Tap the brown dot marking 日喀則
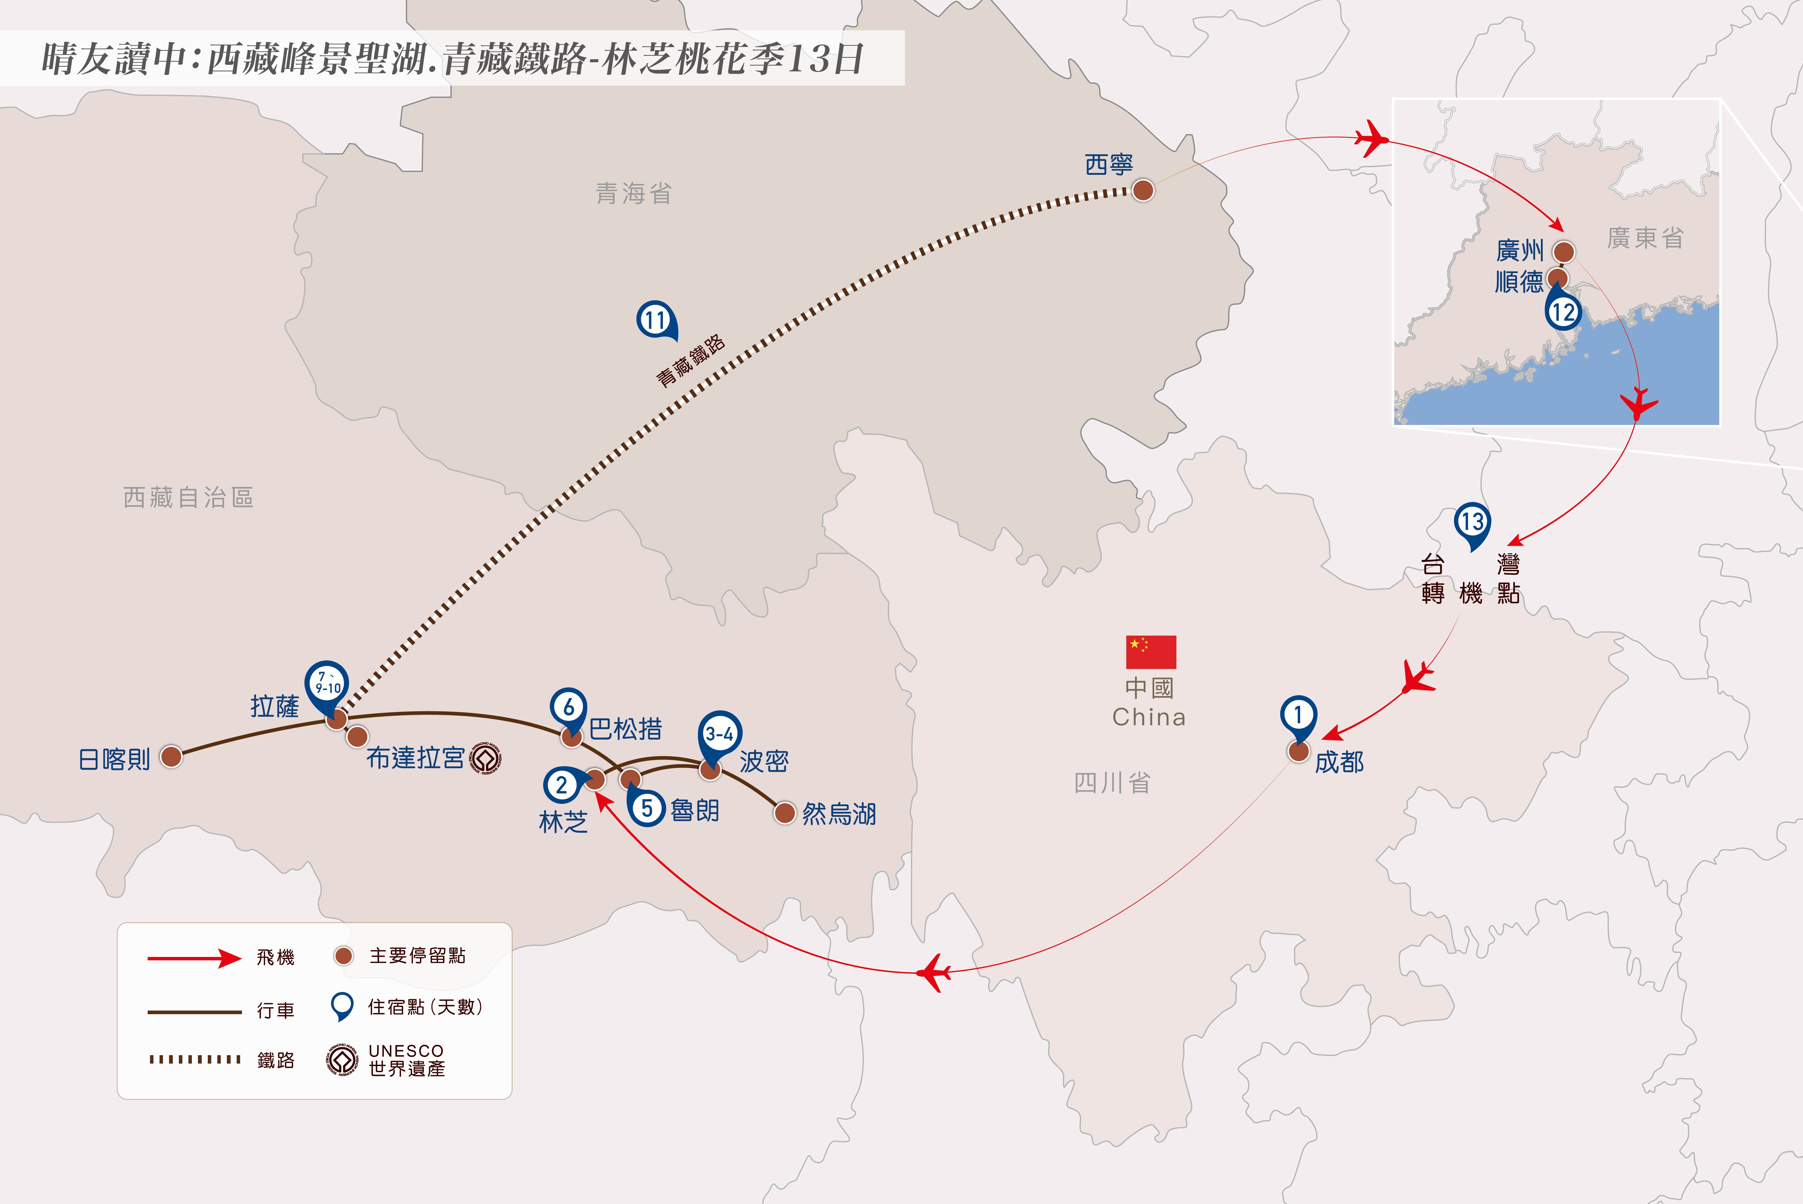pos(171,756)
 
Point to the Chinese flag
pos(1150,652)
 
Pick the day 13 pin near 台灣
pos(1472,523)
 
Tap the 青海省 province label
pos(633,194)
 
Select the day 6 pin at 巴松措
pos(568,708)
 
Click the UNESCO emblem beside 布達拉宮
pos(485,759)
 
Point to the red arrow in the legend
pos(194,958)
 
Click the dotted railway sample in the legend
pos(194,1060)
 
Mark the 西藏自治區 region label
pos(188,498)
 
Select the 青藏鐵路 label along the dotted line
pos(690,361)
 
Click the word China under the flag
pos(1149,717)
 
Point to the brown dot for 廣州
pos(1563,251)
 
